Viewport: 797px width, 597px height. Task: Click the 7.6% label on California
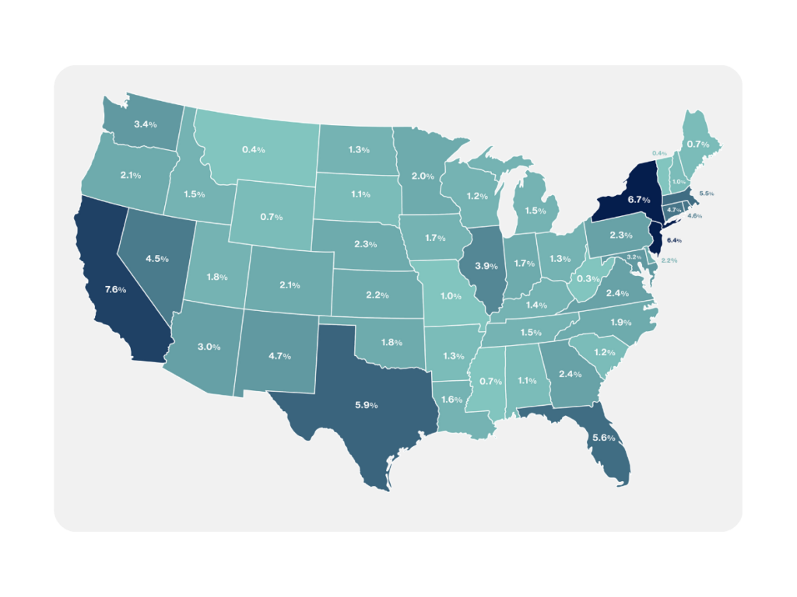click(116, 290)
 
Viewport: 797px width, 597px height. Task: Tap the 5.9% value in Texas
click(366, 405)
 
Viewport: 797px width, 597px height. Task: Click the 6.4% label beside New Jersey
click(674, 241)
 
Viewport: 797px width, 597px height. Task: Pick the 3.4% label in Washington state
click(146, 124)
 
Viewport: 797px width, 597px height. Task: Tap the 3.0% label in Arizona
click(209, 346)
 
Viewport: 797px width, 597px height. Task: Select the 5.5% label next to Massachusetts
click(707, 193)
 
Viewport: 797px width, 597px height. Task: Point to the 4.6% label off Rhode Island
click(695, 216)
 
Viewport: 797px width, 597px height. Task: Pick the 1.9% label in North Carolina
click(620, 322)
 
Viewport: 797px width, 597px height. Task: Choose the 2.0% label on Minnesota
click(423, 176)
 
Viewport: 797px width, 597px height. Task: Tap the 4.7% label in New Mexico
click(279, 356)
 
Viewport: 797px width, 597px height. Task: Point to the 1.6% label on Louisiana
click(452, 400)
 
